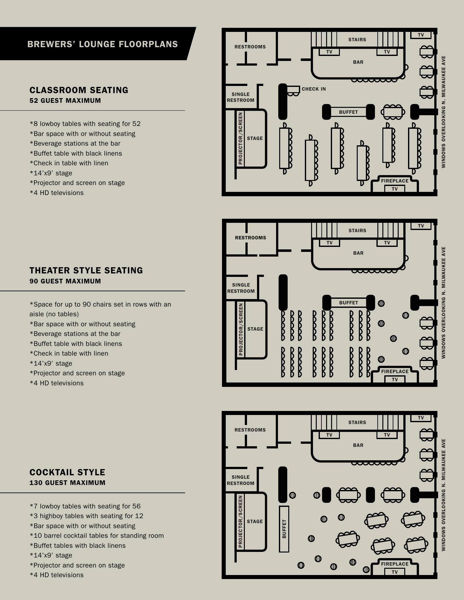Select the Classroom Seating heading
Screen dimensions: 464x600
pos(79,90)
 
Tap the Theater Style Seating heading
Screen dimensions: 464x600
pos(86,271)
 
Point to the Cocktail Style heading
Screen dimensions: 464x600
pos(67,472)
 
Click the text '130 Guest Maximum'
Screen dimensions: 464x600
pos(67,483)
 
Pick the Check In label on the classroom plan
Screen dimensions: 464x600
pos(314,89)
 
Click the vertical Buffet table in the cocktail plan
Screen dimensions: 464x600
pos(284,529)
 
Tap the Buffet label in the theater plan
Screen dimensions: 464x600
pos(348,303)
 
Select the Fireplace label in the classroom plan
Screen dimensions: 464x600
pos(395,181)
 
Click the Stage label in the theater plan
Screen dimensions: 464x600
pos(255,329)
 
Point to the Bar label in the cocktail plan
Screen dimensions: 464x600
pos(358,445)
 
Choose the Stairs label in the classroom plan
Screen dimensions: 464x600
pos(357,40)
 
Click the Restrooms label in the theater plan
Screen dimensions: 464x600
pos(250,238)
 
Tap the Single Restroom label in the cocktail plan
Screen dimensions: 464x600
pos(240,480)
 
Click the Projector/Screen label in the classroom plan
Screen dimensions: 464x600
pos(240,138)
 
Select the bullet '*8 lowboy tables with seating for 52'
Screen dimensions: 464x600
pos(85,124)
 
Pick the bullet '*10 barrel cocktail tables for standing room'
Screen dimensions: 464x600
pos(97,536)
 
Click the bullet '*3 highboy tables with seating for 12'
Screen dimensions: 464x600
pos(86,516)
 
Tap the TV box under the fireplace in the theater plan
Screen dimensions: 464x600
pos(395,380)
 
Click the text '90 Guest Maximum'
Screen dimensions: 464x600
pos(65,281)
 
